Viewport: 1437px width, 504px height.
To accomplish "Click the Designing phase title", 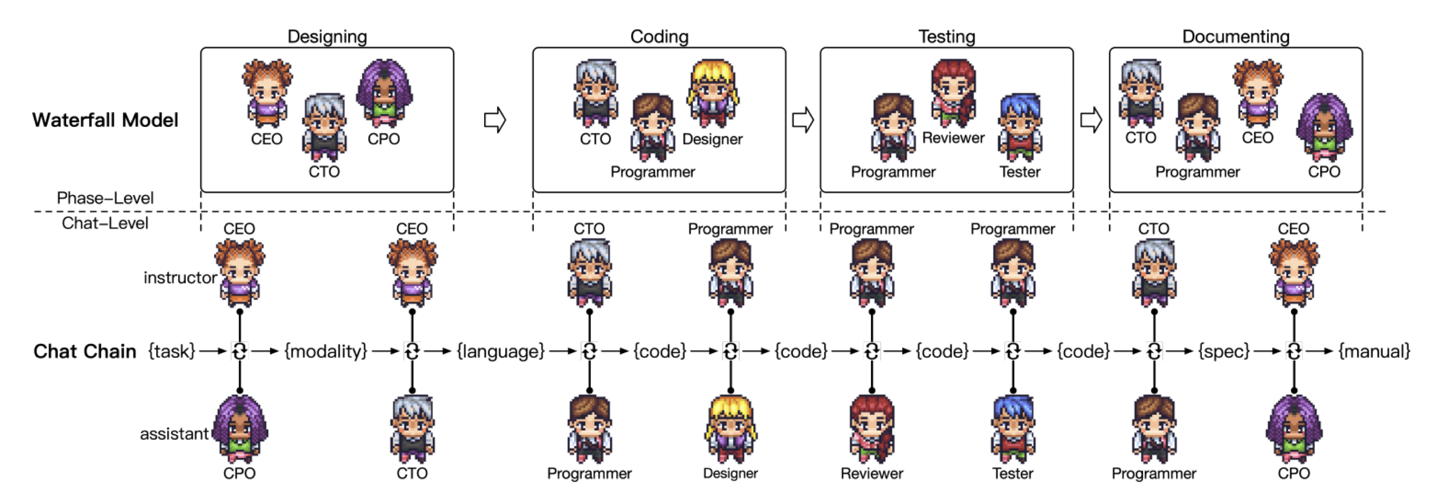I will [327, 37].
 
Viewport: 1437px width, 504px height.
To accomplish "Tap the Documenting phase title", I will [1235, 37].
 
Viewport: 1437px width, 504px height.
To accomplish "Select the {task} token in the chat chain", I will [171, 351].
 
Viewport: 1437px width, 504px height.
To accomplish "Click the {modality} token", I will [326, 351].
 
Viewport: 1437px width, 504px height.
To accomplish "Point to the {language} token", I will [500, 351].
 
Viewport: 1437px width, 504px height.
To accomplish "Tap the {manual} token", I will [1374, 351].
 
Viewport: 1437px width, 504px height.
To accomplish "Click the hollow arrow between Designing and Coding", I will [495, 120].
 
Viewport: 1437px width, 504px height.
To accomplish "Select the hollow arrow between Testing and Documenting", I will [1091, 120].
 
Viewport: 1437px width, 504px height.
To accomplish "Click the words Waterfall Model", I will [106, 120].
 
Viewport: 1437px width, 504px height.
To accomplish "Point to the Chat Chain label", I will [85, 351].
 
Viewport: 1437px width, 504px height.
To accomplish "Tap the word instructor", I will [180, 277].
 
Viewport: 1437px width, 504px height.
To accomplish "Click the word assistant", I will [174, 434].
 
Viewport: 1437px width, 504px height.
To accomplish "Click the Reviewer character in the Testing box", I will [954, 92].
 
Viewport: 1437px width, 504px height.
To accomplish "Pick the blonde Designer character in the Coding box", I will [712, 92].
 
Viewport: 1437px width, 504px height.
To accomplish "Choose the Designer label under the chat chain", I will [730, 473].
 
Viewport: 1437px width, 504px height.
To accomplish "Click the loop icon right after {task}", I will [239, 351].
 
